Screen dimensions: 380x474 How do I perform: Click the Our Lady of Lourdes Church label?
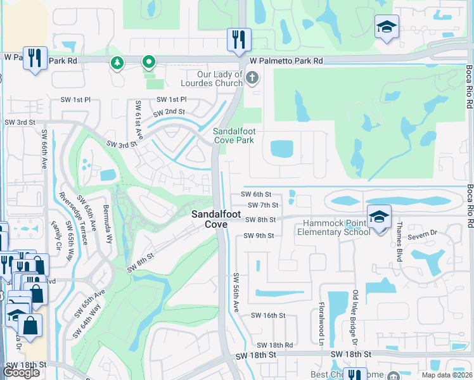(212, 79)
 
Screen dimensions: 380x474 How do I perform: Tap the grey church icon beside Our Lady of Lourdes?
(252, 79)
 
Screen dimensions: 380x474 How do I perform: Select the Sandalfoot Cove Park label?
(236, 135)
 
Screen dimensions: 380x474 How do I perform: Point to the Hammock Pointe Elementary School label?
(334, 227)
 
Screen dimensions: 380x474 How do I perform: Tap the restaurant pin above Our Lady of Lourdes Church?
(239, 39)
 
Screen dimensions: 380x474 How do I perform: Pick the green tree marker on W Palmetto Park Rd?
(117, 62)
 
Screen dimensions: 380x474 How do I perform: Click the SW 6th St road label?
(256, 194)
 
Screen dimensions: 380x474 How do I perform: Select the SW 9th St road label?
(259, 236)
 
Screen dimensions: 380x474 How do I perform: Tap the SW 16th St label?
(269, 315)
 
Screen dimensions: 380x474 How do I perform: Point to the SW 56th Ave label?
(235, 292)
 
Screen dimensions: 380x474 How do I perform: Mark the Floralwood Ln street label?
(322, 315)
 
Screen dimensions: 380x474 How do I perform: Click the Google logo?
(22, 372)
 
